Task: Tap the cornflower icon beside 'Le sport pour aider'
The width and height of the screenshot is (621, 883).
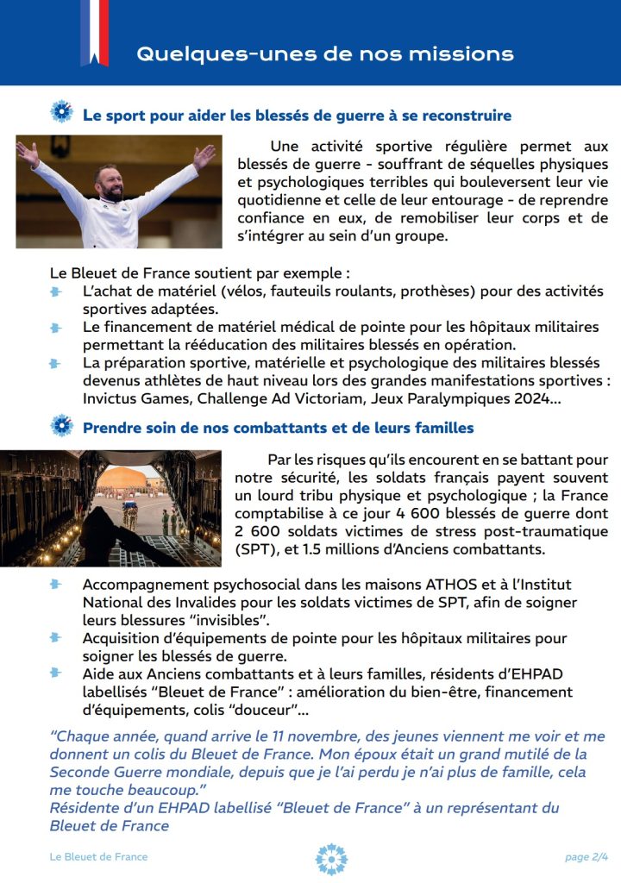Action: pyautogui.click(x=61, y=113)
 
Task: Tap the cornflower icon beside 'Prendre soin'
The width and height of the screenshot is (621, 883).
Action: pyautogui.click(x=61, y=426)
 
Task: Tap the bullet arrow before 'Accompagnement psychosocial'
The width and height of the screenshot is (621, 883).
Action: pyautogui.click(x=56, y=585)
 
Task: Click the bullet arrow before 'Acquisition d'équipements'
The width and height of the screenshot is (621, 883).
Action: pyautogui.click(x=56, y=638)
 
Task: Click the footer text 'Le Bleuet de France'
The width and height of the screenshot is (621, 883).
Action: pyautogui.click(x=98, y=857)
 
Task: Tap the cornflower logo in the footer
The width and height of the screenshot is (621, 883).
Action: pyautogui.click(x=331, y=859)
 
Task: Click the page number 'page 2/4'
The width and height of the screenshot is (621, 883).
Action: pyautogui.click(x=586, y=857)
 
